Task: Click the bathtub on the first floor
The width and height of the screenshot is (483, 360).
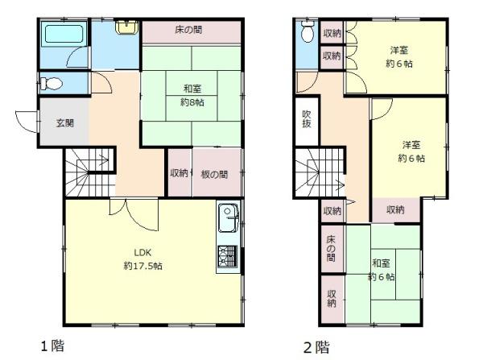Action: [x=64, y=34]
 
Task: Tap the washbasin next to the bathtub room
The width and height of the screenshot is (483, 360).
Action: [x=126, y=27]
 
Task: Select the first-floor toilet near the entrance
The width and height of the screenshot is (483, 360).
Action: [x=51, y=83]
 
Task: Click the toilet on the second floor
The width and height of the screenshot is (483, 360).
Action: [x=308, y=31]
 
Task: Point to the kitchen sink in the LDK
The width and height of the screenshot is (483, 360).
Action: [x=229, y=218]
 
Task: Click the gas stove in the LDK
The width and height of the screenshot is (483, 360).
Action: [x=228, y=256]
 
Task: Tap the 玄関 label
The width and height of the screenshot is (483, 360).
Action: [x=65, y=123]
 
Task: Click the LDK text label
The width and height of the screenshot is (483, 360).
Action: [x=142, y=252]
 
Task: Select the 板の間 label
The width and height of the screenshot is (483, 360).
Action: [x=214, y=175]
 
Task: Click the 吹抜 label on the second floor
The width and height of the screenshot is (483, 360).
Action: [x=307, y=119]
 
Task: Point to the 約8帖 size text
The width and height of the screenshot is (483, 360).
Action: [x=192, y=102]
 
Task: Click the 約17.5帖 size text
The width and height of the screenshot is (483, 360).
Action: [x=143, y=266]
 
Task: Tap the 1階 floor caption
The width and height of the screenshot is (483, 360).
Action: [x=52, y=346]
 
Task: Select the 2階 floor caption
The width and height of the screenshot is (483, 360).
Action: [x=316, y=347]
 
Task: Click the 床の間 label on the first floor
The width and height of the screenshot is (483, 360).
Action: [x=188, y=30]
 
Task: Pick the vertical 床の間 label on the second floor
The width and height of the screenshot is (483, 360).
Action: [x=331, y=248]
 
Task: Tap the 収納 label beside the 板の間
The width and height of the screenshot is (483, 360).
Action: [x=179, y=173]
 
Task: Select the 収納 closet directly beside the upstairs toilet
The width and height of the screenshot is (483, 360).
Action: [x=332, y=33]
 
